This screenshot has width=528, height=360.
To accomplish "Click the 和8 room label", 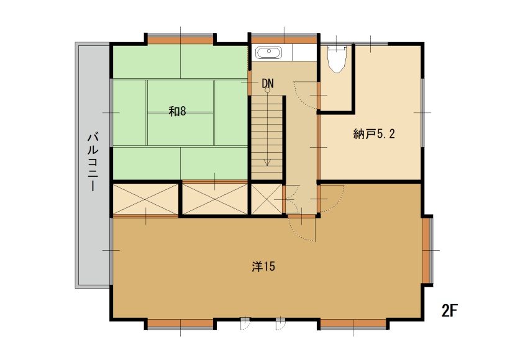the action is click(177, 111).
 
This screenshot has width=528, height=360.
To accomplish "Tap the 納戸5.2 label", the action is click(374, 134).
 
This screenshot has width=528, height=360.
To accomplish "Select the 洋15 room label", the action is click(263, 266).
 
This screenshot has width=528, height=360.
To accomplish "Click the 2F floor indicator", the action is click(450, 310).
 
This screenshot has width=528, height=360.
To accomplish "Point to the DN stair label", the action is click(268, 83).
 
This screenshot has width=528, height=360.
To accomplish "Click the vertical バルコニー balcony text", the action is click(93, 162).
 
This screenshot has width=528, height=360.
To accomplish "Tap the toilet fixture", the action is click(337, 60).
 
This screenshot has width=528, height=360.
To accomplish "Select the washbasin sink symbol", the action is click(269, 53).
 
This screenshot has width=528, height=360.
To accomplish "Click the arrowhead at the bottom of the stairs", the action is click(267, 162).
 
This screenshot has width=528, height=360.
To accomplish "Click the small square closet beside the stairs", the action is click(266, 199).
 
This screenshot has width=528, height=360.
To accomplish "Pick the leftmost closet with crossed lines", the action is click(145, 199).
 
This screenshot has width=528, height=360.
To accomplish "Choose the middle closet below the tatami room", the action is click(215, 199).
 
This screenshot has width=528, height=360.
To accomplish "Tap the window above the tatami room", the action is click(181, 39).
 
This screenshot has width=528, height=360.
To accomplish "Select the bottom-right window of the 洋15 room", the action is click(353, 323).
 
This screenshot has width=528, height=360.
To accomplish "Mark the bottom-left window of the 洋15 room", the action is click(181, 323).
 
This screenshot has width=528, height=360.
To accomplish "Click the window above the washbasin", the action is click(284, 39).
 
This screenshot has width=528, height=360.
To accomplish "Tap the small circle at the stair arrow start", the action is click(267, 90).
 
